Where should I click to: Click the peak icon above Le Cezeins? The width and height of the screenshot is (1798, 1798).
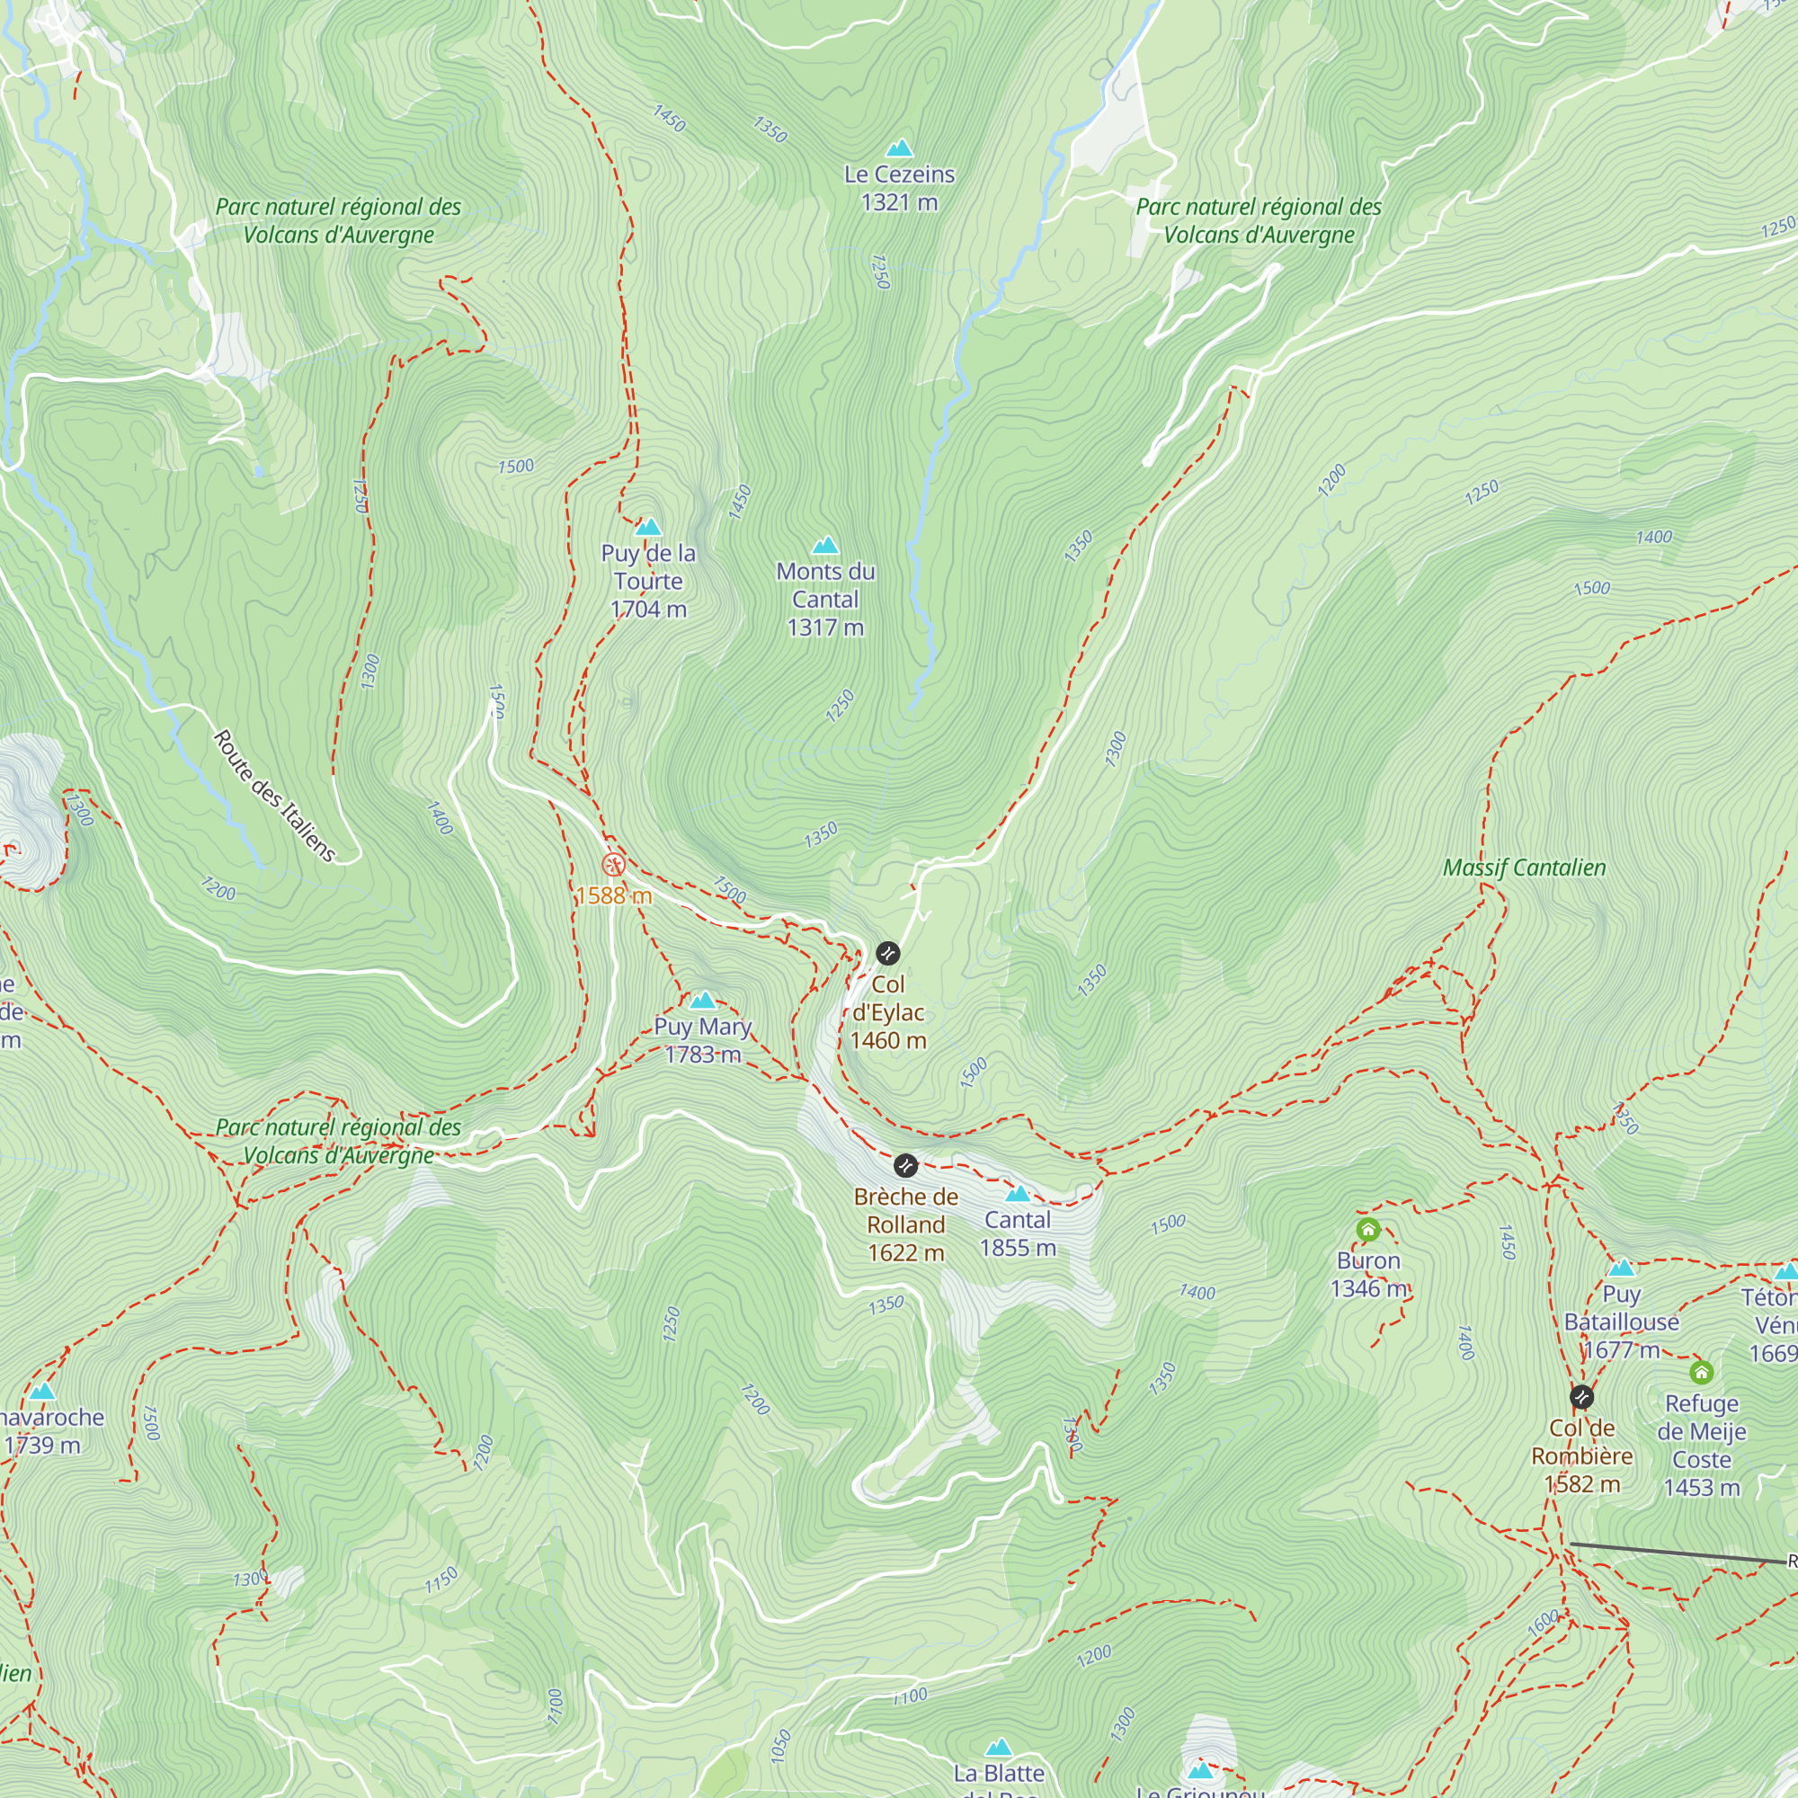(x=899, y=149)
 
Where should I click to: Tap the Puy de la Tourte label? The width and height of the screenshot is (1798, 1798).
(x=649, y=566)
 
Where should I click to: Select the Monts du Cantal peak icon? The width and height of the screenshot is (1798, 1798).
(x=825, y=546)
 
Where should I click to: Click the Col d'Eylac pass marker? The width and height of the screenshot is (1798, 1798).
(x=888, y=953)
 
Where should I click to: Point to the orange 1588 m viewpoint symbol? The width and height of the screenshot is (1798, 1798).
(x=613, y=866)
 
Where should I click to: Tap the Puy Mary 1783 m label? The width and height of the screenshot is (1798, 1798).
(x=703, y=1039)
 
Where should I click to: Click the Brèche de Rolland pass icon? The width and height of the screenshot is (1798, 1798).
(x=905, y=1165)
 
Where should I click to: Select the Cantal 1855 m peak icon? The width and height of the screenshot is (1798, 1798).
(x=1019, y=1194)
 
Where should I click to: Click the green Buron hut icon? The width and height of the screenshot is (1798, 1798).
(x=1368, y=1231)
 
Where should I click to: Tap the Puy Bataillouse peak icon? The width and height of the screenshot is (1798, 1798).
(x=1622, y=1268)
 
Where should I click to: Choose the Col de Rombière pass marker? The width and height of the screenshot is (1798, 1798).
(x=1582, y=1397)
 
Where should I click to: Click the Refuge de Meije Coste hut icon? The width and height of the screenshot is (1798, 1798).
(x=1702, y=1372)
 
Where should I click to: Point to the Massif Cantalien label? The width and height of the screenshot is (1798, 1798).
(x=1525, y=868)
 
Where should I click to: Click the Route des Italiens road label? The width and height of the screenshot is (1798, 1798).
(x=274, y=796)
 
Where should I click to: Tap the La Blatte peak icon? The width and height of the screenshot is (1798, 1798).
(x=1000, y=1748)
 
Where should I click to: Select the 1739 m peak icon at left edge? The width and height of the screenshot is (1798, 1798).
(x=42, y=1393)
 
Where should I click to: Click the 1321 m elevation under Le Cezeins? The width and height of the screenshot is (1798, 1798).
(x=899, y=203)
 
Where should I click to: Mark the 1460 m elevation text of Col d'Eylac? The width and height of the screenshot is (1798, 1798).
(x=888, y=1040)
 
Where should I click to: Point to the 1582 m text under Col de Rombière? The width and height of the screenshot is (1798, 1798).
(x=1582, y=1484)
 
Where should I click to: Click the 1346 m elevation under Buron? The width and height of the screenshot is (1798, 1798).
(x=1368, y=1289)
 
